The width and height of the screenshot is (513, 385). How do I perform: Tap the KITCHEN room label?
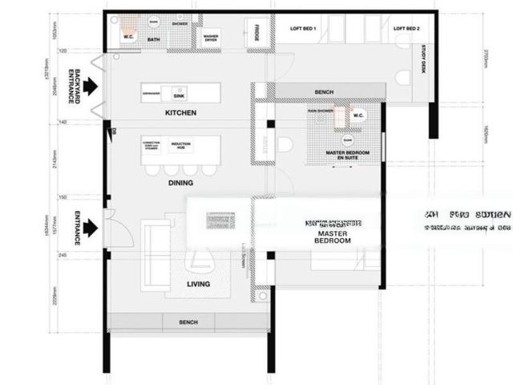coord(180,113)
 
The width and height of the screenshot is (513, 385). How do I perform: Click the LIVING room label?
coord(198,284)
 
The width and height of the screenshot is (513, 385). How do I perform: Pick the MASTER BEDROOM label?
coord(331,237)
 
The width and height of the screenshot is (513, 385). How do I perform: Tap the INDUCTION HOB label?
coord(180,146)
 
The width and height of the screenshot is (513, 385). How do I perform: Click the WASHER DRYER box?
coord(211,37)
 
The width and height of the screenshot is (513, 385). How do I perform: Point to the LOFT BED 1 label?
coord(304,29)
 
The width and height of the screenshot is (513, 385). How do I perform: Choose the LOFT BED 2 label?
coord(406,29)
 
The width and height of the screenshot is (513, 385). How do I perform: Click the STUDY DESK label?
coord(423,63)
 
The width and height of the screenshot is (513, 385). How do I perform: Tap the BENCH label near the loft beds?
coord(325,92)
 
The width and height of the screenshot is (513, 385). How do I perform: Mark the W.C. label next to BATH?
coord(128,36)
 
